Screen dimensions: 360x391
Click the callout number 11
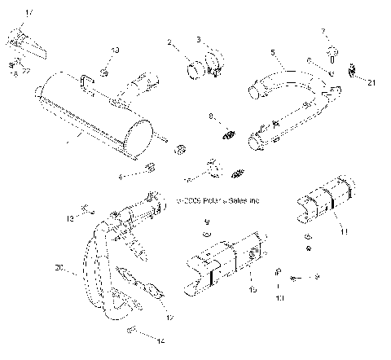344,231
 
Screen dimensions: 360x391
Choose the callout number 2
169,42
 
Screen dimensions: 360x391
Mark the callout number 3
198,39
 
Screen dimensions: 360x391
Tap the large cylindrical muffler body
98,114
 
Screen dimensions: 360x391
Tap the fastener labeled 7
332,52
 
